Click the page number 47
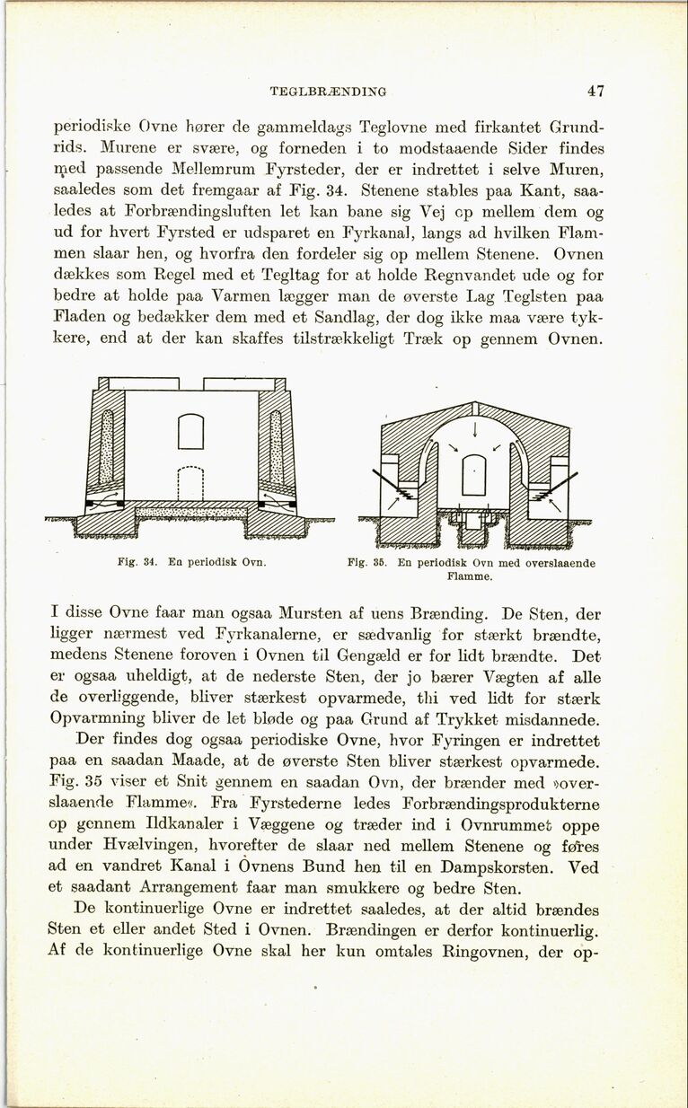[595, 91]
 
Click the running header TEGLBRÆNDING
[328, 91]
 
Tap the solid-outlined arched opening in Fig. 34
[190, 430]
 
